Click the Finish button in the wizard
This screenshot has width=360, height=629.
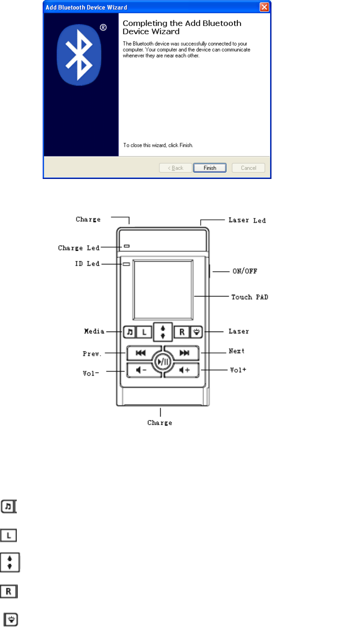click(210, 168)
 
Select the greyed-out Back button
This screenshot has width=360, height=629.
click(175, 168)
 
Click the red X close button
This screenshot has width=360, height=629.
click(264, 7)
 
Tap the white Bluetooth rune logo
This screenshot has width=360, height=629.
click(80, 52)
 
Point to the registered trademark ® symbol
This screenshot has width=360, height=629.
click(104, 28)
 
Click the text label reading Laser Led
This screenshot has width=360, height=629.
click(247, 220)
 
